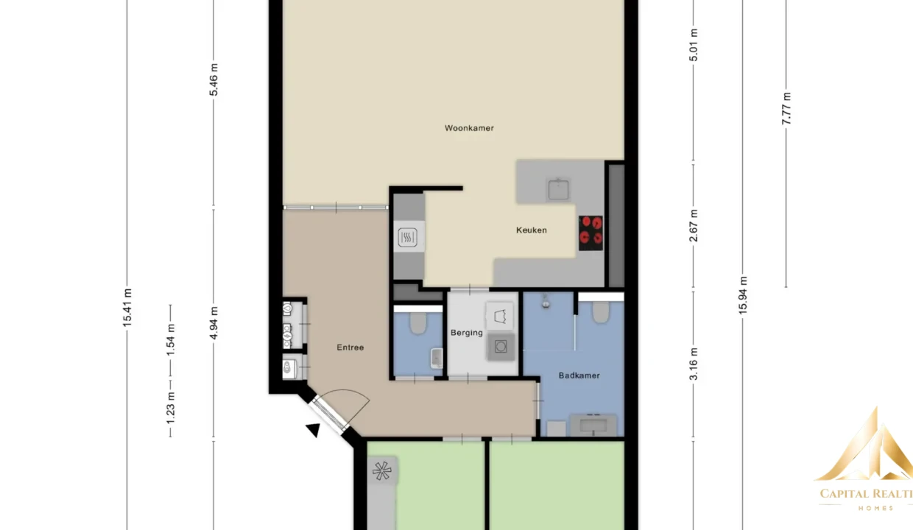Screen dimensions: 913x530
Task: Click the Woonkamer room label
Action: coord(469,128)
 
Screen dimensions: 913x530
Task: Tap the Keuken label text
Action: coord(532,230)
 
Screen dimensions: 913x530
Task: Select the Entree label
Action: coord(350,347)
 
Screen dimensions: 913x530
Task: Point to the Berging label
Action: coord(467,333)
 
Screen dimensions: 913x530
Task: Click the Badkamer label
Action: coord(579,375)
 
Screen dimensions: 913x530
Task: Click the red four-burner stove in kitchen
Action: coord(591,233)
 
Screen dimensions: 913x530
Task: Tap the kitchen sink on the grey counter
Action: coord(558,189)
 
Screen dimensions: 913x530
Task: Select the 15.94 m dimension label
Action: coord(743,295)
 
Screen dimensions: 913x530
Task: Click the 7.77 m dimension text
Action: coord(786,109)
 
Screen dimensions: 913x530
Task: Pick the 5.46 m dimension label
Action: coord(214,79)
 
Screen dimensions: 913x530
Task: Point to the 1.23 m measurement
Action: coord(170,408)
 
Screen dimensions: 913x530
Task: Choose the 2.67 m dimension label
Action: coord(694,226)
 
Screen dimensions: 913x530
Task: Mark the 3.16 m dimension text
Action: coord(694,364)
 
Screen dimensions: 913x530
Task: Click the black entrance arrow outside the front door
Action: coord(314,430)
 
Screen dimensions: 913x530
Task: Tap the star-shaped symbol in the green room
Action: coord(382,471)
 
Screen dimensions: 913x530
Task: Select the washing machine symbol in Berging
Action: coord(501,347)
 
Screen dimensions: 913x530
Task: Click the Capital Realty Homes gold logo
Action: coord(866,459)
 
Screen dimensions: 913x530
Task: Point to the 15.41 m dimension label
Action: coord(127,308)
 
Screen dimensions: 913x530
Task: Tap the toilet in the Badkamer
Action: coord(601,312)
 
